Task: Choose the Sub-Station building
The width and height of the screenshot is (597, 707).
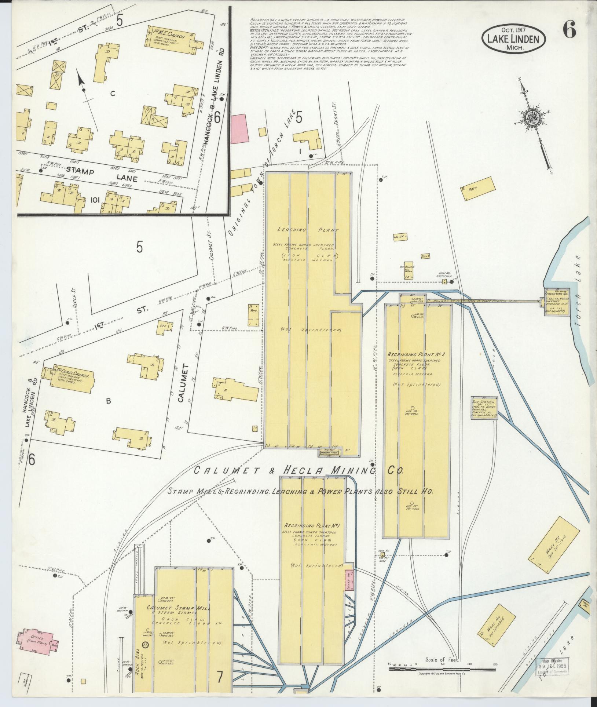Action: [x=484, y=407]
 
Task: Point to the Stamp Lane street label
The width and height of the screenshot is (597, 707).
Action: [x=104, y=175]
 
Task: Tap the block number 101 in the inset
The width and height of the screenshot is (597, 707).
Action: [x=94, y=200]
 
